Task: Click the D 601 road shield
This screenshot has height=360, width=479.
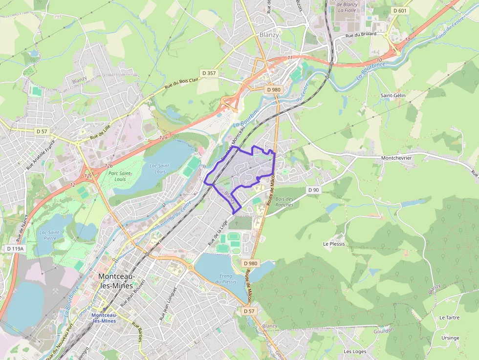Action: tap(400, 11)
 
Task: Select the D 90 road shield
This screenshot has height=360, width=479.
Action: tap(313, 190)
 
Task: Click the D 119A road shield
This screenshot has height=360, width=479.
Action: tap(15, 249)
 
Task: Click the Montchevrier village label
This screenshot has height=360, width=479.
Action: tap(396, 158)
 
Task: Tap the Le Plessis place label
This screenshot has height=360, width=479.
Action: tap(334, 244)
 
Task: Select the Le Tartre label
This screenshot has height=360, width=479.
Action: tap(449, 318)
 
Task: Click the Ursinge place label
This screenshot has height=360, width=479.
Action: tap(450, 338)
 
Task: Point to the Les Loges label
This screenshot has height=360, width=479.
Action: tap(355, 351)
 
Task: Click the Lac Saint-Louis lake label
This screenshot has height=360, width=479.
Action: tap(159, 169)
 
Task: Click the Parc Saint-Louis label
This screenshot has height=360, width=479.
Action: tap(120, 176)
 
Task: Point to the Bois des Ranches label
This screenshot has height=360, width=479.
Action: tap(284, 201)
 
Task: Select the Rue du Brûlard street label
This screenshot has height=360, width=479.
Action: tap(360, 35)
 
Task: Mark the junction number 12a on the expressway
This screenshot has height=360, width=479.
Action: tap(163, 138)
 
